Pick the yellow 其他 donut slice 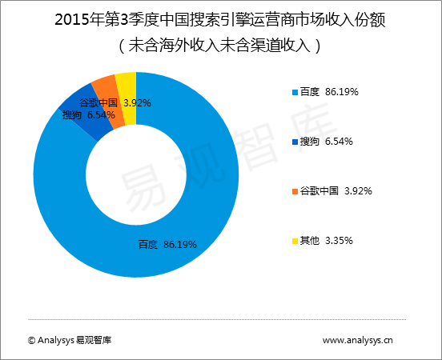click(x=127, y=82)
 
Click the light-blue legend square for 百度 click(x=294, y=93)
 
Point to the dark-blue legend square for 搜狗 click(x=294, y=142)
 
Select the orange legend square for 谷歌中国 click(x=294, y=191)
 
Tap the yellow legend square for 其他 click(x=294, y=240)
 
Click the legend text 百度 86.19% click(x=328, y=93)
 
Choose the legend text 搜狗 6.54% click(x=326, y=142)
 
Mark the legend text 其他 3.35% click(x=326, y=240)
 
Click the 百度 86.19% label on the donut click(x=167, y=243)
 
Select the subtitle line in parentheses click(x=220, y=45)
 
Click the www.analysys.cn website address click(x=358, y=340)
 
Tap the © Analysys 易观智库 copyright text click(x=70, y=340)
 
